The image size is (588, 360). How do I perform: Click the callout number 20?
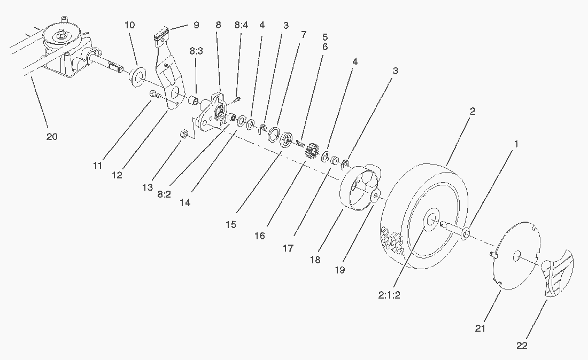[51, 137]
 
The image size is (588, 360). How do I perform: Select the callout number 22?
[522, 346]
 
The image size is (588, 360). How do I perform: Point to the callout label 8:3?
[196, 51]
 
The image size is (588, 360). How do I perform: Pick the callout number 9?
[196, 25]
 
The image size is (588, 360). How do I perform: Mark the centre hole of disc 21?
[516, 257]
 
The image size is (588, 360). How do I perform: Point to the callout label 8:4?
[241, 25]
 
